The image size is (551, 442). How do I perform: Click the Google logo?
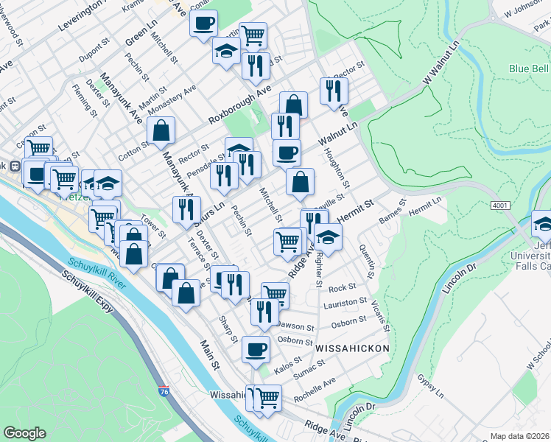point(24,433)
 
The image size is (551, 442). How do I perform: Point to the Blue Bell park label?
point(529,69)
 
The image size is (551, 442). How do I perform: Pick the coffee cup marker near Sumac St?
point(256,350)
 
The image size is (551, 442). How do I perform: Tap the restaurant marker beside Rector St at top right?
point(334,91)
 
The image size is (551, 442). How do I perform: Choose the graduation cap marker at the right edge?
point(542,222)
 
